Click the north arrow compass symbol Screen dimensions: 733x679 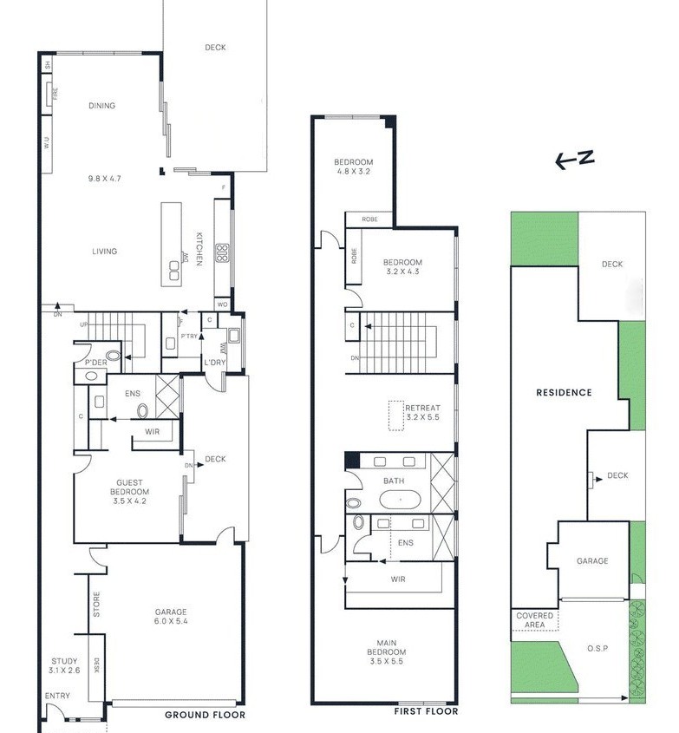click(575, 159)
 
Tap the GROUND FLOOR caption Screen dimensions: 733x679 click(205, 715)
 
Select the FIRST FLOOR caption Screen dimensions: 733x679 click(425, 711)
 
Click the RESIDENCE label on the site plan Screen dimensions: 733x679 click(564, 392)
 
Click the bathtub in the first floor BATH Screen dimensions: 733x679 click(400, 501)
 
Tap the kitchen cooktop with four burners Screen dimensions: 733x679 click(221, 252)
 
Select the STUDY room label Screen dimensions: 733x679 click(64, 661)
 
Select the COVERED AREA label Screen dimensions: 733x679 click(535, 620)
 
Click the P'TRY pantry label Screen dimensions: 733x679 click(188, 336)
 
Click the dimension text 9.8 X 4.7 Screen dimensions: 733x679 click(104, 179)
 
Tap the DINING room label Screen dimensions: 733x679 click(101, 106)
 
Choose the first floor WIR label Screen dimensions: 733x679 click(399, 579)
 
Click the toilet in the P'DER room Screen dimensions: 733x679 click(91, 376)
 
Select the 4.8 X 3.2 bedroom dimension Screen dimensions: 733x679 click(353, 172)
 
